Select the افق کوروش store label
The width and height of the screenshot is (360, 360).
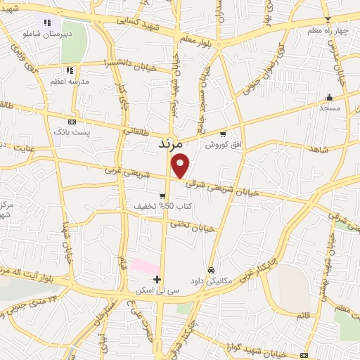coord(223,145)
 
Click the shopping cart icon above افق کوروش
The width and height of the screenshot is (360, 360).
coord(223,134)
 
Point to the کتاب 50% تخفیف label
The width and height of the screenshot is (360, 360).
coord(163,207)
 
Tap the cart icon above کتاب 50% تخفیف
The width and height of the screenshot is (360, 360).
coord(162,196)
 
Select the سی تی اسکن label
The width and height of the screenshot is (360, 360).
coord(157,290)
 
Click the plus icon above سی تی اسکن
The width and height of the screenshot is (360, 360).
coord(157,279)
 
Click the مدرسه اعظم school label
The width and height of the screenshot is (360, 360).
coord(70,82)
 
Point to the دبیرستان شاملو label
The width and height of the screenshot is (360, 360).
coord(49,33)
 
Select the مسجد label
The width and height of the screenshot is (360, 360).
coord(329,108)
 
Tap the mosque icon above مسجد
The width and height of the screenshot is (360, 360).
coord(329,97)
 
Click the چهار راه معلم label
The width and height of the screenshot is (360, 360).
coord(327,31)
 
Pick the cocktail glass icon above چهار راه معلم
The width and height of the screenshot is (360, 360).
coord(327,20)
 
